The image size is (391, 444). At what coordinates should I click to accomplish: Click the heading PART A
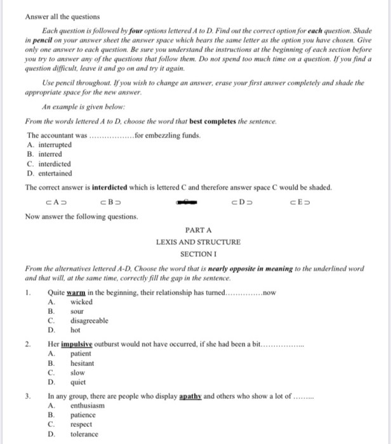click(198, 230)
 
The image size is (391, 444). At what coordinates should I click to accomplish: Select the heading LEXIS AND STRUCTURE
click(198, 242)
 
